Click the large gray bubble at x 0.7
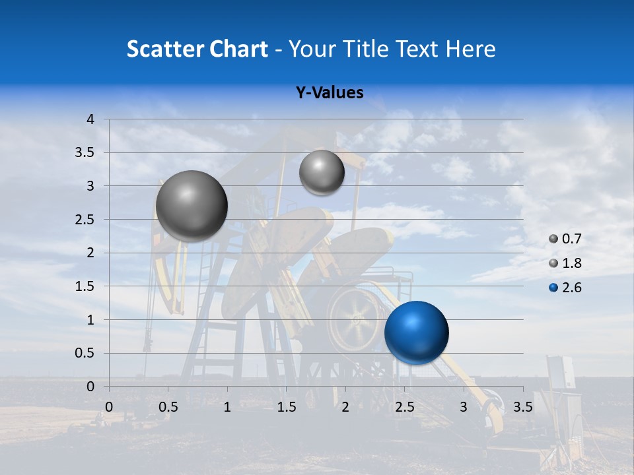click(192, 206)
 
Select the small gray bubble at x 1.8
click(322, 172)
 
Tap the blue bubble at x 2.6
click(416, 332)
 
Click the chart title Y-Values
click(330, 93)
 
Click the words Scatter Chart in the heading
click(197, 49)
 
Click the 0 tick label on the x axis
click(109, 406)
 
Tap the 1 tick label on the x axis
click(227, 406)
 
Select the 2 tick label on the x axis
click(345, 406)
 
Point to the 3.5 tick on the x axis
click(523, 406)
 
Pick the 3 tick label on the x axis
click(464, 406)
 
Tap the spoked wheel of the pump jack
click(355, 318)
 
